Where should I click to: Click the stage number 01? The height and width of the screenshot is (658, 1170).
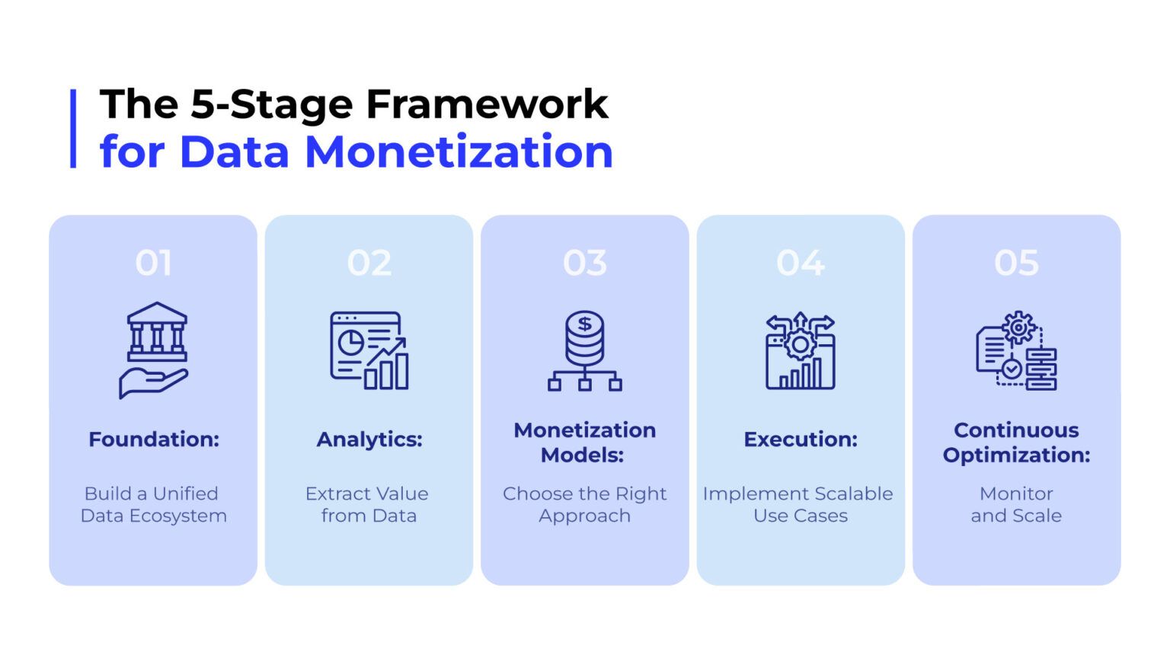pyautogui.click(x=153, y=262)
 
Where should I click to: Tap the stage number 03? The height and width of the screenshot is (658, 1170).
pyautogui.click(x=585, y=262)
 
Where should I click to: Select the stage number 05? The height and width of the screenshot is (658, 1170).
pyautogui.click(x=1016, y=262)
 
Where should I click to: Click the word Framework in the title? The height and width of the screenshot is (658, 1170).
pyautogui.click(x=487, y=104)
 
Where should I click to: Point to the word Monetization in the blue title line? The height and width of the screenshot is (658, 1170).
pyautogui.click(x=459, y=152)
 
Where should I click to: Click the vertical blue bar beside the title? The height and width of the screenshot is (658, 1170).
pyautogui.click(x=73, y=129)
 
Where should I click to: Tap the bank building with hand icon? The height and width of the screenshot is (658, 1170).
pyautogui.click(x=154, y=350)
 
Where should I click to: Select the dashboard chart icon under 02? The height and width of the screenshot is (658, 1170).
pyautogui.click(x=369, y=350)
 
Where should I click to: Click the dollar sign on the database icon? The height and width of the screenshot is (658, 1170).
pyautogui.click(x=585, y=324)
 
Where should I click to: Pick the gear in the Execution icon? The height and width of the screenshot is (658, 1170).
pyautogui.click(x=801, y=345)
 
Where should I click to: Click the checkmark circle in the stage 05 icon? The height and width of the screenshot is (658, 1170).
pyautogui.click(x=1012, y=369)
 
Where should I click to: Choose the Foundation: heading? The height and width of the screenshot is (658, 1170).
pyautogui.click(x=154, y=439)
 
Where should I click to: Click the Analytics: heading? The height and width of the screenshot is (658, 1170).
pyautogui.click(x=369, y=439)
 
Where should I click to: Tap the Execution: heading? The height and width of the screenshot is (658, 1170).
pyautogui.click(x=801, y=439)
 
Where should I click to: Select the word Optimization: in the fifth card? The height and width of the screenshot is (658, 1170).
pyautogui.click(x=1016, y=455)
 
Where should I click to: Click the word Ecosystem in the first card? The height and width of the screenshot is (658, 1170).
pyautogui.click(x=178, y=516)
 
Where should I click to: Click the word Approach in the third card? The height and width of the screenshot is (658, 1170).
pyautogui.click(x=584, y=516)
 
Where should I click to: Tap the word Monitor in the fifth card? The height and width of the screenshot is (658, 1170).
pyautogui.click(x=1016, y=493)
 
